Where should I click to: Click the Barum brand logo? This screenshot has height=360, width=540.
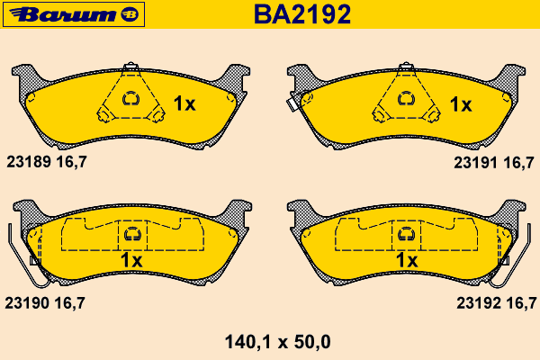pyautogui.click(x=74, y=14)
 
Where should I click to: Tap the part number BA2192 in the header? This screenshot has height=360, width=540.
pyautogui.click(x=302, y=14)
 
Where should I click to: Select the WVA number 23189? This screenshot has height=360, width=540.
pyautogui.click(x=29, y=162)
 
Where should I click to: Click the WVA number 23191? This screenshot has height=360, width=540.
pyautogui.click(x=475, y=163)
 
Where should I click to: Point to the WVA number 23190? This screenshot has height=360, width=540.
pyautogui.click(x=27, y=303)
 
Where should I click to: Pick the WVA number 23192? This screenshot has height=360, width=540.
pyautogui.click(x=479, y=303)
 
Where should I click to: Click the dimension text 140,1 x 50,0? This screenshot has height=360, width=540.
pyautogui.click(x=277, y=342)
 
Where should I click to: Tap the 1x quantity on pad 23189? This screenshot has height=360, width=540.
pyautogui.click(x=184, y=103)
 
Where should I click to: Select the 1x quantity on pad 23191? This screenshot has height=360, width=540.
pyautogui.click(x=461, y=104)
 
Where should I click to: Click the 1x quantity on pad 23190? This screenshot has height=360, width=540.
pyautogui.click(x=131, y=260)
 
